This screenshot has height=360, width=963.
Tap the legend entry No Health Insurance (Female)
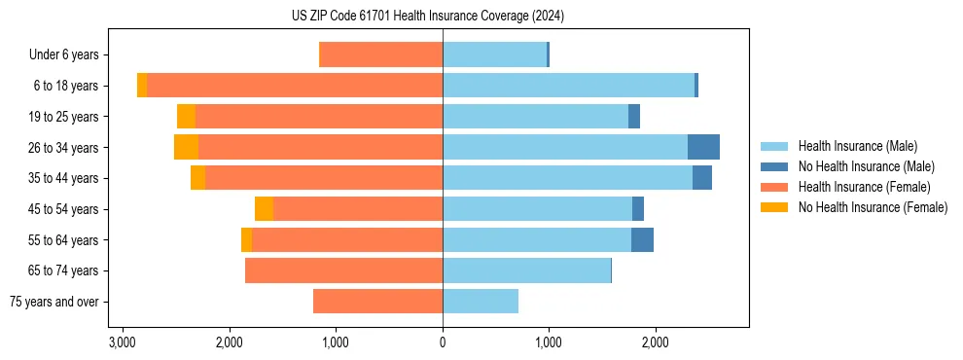tap(872, 207)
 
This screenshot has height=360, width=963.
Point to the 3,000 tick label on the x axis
tap(123, 343)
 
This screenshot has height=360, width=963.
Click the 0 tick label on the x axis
tap(443, 343)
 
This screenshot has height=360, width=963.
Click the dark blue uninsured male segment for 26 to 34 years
tap(703, 147)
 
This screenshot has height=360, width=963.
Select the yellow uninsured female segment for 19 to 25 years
tap(186, 117)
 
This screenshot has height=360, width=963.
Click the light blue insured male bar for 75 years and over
tap(481, 302)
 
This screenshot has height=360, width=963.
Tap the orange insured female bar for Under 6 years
tap(380, 54)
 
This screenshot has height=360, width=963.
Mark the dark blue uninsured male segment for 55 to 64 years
tap(642, 239)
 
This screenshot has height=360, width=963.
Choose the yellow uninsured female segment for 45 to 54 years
tap(264, 209)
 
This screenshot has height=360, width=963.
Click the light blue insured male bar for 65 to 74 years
tap(526, 270)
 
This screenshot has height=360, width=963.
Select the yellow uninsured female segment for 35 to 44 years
tap(197, 178)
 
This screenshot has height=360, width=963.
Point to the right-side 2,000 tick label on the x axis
tap(655, 343)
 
